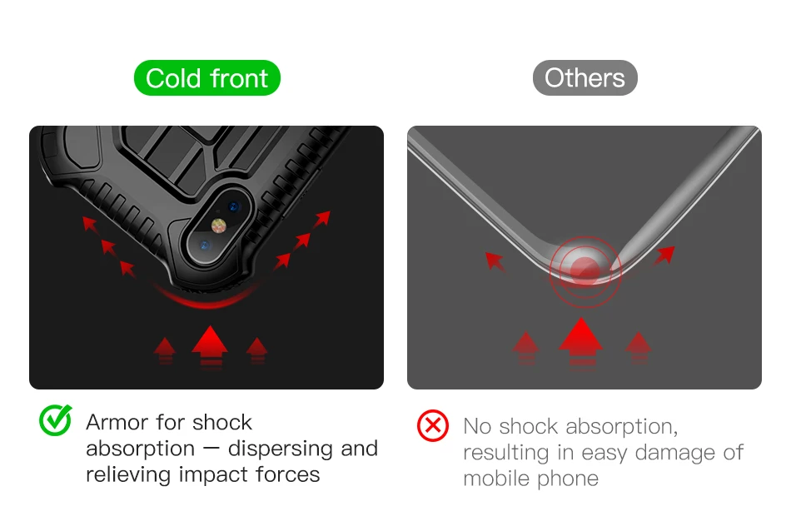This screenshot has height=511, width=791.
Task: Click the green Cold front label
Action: [x=206, y=77]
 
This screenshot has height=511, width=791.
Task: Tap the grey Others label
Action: [x=585, y=77]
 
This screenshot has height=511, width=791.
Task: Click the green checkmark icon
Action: [x=56, y=419]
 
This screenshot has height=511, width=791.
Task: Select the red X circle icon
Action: [x=433, y=426]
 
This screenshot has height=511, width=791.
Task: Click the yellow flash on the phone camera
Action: [x=218, y=226]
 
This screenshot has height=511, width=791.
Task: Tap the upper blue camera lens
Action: [x=234, y=206]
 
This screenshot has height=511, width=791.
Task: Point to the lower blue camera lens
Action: [x=204, y=246]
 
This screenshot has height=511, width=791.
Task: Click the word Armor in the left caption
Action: [x=117, y=422]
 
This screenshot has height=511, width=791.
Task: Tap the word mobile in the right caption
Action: [x=496, y=479]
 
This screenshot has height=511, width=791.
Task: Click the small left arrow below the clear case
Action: [x=525, y=347]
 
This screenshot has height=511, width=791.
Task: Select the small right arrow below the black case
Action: [x=256, y=350]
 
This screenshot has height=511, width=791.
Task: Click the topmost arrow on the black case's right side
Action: [x=322, y=218]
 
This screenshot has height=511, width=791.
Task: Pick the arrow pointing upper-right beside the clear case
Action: [x=665, y=255]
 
